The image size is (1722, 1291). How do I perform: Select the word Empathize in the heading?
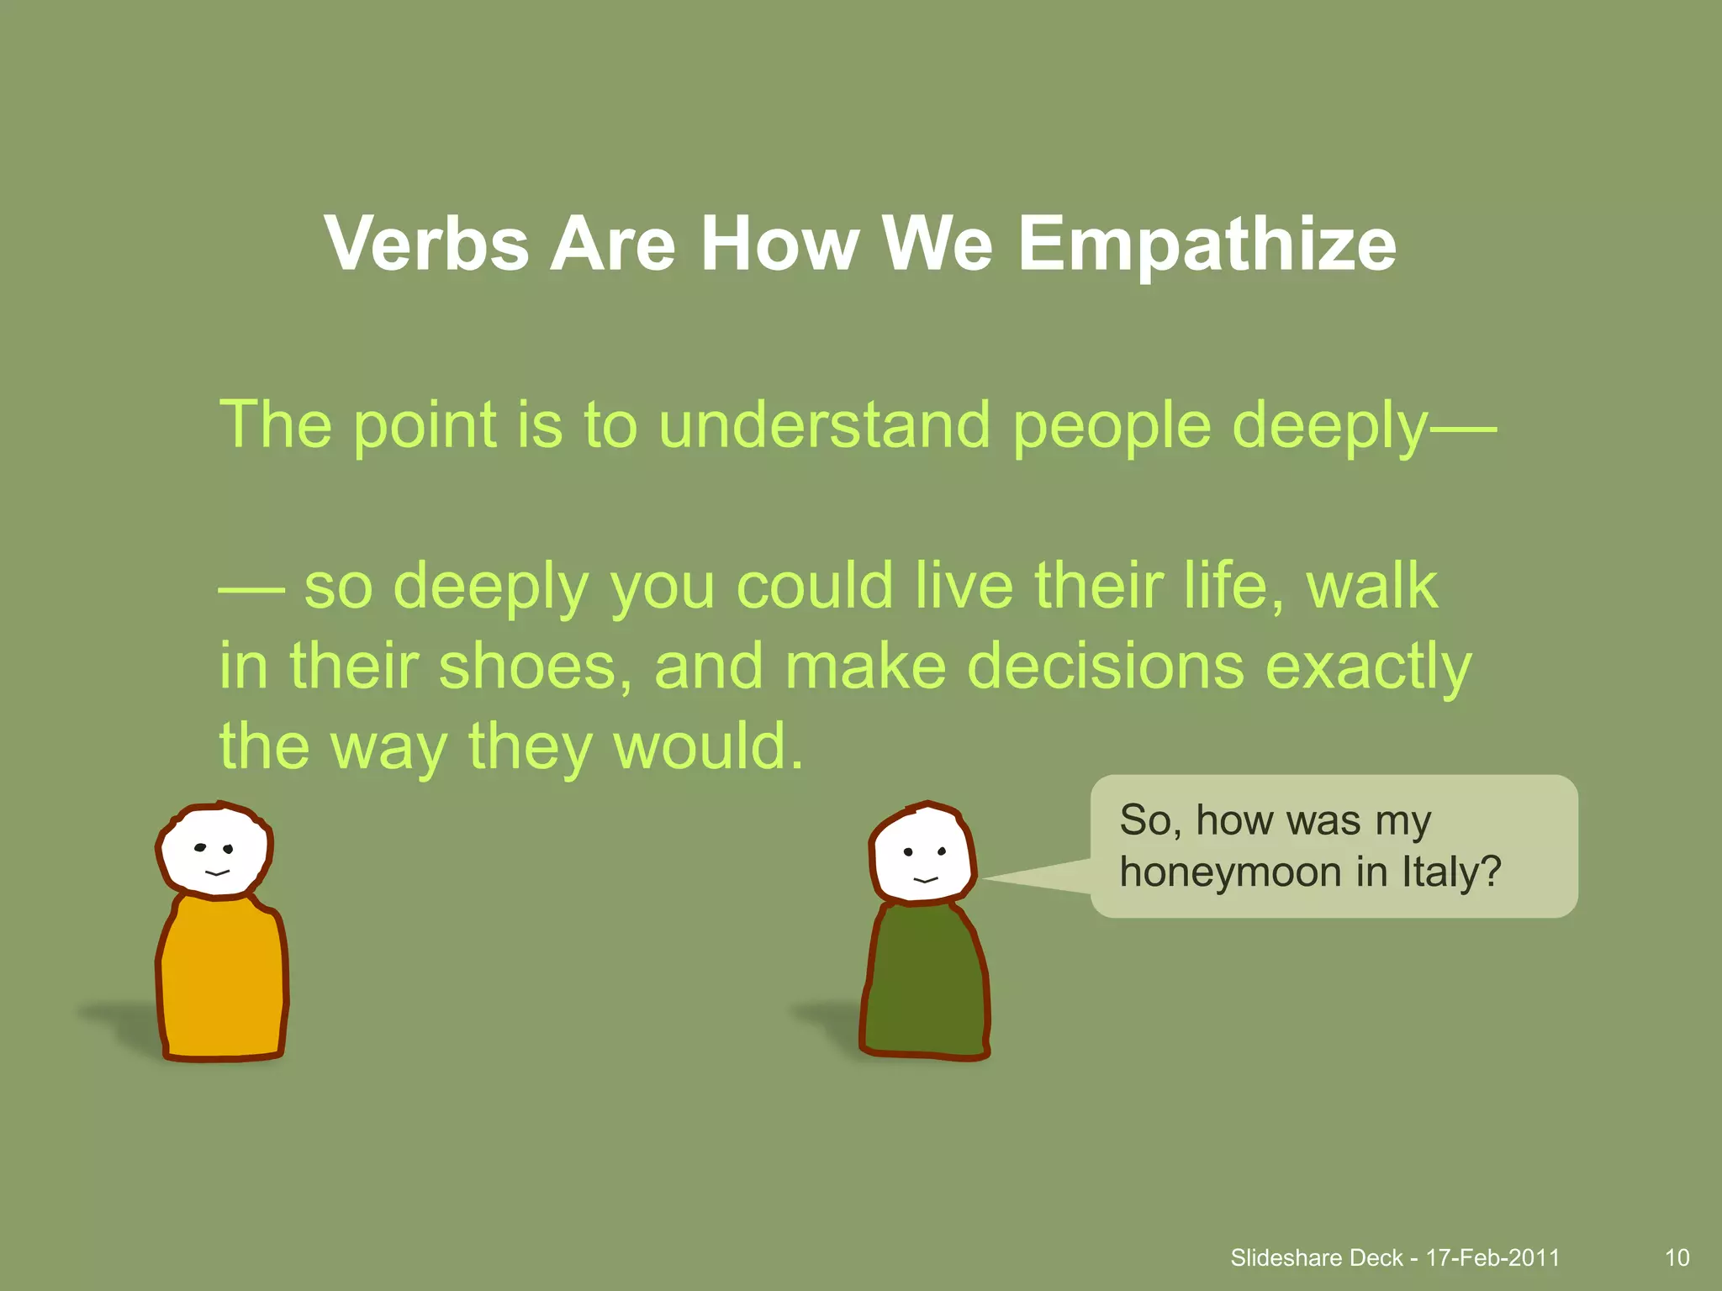click(1207, 245)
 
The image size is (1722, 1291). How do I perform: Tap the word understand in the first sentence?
click(824, 424)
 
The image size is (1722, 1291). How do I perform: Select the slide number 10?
click(1677, 1257)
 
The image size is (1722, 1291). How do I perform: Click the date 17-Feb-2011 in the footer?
click(1492, 1257)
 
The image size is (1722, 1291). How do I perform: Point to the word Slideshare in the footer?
click(1286, 1257)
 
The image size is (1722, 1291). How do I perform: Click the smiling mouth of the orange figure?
click(217, 873)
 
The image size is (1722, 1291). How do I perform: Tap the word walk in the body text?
click(1371, 586)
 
